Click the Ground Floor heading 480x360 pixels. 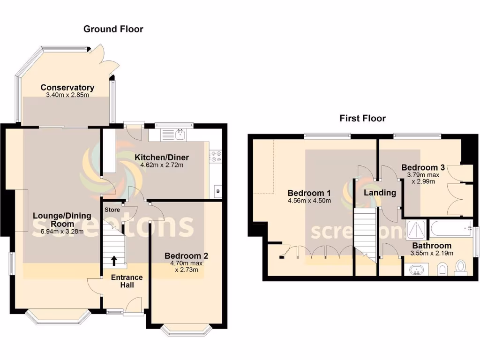[113, 29]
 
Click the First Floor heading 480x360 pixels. [362, 118]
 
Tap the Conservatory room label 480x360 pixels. [67, 88]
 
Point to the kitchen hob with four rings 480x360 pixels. [216, 157]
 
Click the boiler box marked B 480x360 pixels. [217, 191]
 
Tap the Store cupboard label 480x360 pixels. [112, 210]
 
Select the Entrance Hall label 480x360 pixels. [126, 281]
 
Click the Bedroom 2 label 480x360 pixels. [186, 256]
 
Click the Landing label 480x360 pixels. [380, 193]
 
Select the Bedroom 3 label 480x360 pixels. [423, 168]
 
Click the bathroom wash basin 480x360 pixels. [416, 270]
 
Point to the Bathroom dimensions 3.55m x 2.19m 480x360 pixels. [432, 253]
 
